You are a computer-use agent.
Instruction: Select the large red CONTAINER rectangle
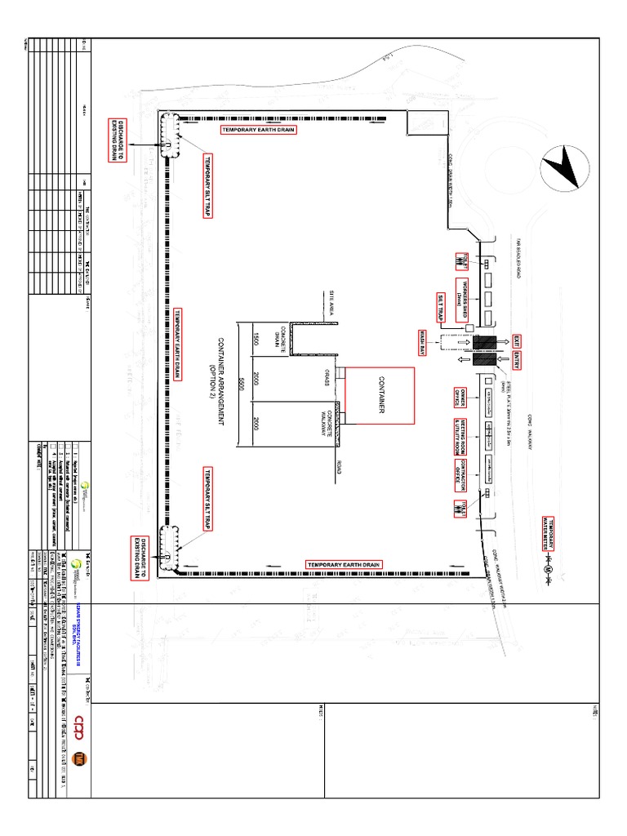(x=380, y=395)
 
